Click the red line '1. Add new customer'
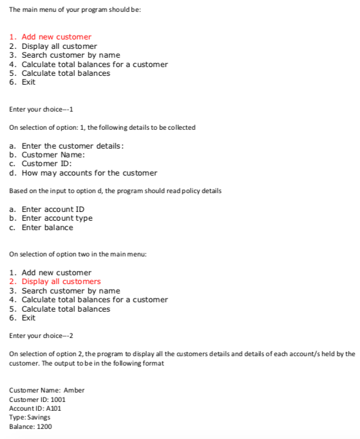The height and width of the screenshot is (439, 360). pyautogui.click(x=50, y=37)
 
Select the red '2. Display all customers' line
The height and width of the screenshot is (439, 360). pyautogui.click(x=55, y=282)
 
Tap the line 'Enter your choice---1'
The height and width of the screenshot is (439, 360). pyautogui.click(x=41, y=110)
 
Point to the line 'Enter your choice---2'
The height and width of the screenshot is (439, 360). pyautogui.click(x=41, y=336)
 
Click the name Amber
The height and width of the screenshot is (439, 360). pyautogui.click(x=74, y=390)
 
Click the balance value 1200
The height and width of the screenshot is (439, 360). pyautogui.click(x=43, y=426)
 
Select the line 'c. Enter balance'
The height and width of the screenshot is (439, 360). pyautogui.click(x=41, y=227)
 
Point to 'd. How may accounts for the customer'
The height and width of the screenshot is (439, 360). pyautogui.click(x=83, y=172)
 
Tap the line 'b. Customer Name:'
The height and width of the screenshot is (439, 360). pyautogui.click(x=47, y=154)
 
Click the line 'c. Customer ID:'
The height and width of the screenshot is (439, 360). pyautogui.click(x=41, y=164)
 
